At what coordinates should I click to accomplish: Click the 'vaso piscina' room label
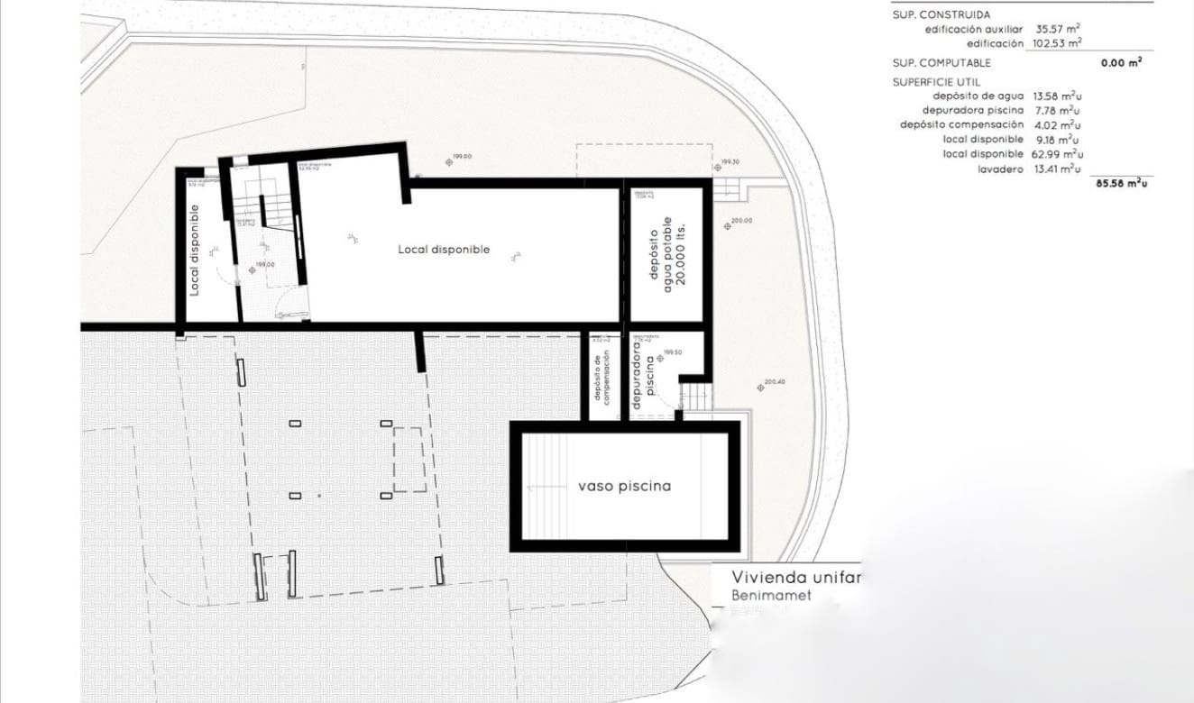624,486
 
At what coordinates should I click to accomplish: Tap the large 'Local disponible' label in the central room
444,249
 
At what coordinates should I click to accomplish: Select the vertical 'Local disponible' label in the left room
195,250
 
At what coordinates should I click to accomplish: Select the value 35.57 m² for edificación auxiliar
1059,29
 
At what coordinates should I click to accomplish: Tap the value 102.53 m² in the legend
1057,43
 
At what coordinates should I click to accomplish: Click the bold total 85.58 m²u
1121,183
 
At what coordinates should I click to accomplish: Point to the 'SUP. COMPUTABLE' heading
941,63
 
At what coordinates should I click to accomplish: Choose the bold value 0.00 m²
1121,63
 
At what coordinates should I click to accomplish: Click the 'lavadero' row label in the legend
1000,169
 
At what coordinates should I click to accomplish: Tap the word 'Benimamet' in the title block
771,596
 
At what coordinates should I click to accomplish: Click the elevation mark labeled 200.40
774,382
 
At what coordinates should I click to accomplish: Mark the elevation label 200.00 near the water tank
740,221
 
